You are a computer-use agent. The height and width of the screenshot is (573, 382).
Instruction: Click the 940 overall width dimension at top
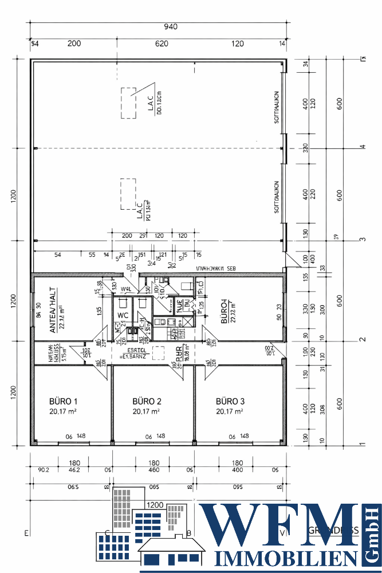(171, 26)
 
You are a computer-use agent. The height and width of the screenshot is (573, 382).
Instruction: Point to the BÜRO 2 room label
(146, 401)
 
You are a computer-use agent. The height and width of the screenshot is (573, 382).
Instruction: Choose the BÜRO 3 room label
(230, 401)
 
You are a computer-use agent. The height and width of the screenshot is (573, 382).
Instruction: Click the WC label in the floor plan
(123, 315)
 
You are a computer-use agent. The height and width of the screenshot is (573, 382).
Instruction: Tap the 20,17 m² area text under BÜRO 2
(146, 411)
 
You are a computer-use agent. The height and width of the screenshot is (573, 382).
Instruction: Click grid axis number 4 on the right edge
(361, 147)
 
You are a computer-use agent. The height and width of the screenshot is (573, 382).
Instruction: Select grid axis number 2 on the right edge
(361, 340)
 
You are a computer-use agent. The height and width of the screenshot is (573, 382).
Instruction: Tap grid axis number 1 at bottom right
(361, 444)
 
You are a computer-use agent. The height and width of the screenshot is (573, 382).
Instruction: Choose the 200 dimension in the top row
(74, 44)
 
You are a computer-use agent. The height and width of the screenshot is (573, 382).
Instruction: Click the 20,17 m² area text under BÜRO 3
(230, 411)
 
